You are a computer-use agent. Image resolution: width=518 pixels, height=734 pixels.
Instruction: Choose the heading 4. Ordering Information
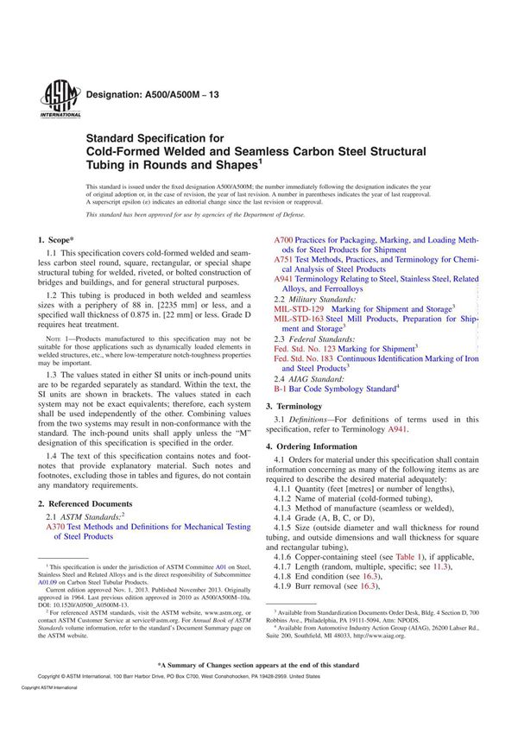click(x=316, y=446)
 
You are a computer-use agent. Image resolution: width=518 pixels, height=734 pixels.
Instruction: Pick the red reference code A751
click(x=283, y=259)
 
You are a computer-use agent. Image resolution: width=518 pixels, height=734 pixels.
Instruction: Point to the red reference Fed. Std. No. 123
click(x=305, y=347)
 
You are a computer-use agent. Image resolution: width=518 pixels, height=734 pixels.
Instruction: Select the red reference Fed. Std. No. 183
click(x=305, y=358)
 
